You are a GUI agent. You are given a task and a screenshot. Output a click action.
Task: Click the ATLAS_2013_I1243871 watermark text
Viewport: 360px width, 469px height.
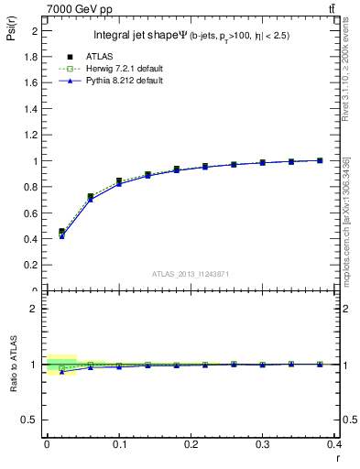click(191, 275)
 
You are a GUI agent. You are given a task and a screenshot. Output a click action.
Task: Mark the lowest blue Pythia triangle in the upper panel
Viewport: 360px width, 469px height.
click(61, 236)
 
